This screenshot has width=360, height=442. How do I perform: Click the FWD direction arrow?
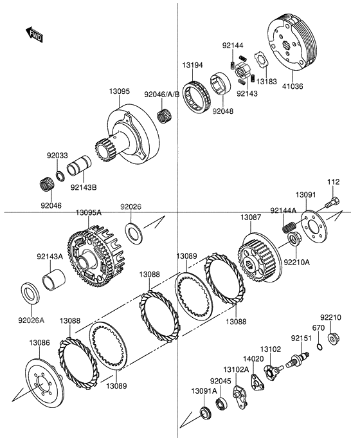click(35, 34)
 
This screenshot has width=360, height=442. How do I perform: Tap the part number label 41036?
click(292, 86)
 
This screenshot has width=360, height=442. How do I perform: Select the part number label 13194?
click(192, 65)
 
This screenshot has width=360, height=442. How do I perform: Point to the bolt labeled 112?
click(332, 202)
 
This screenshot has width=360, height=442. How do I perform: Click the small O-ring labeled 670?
click(319, 347)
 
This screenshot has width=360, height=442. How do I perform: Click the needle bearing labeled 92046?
click(47, 185)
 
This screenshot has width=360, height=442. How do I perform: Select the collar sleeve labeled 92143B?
click(79, 167)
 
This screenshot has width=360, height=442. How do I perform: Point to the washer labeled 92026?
click(134, 234)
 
